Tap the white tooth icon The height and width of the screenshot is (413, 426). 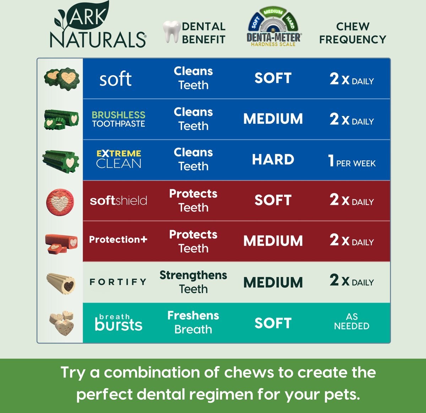coord(171,32)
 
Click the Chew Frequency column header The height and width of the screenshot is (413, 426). coord(353,33)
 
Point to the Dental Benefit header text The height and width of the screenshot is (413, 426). coord(203,33)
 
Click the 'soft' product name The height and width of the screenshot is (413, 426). coord(115,79)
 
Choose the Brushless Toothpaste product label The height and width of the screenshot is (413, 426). coord(119,119)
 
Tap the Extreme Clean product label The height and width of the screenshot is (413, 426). coord(119,159)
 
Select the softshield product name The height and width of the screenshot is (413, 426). coord(119,200)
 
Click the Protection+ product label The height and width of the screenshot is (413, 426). coord(118,239)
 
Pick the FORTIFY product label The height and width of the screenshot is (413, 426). coord(118,282)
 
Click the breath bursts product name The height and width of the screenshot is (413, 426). coord(119,323)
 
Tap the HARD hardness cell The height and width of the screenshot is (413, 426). coord(273,160)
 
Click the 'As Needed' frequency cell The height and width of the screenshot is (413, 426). coord(351,321)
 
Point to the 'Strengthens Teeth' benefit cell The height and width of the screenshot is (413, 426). coord(193,282)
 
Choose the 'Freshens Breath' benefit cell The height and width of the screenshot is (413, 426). coord(193,323)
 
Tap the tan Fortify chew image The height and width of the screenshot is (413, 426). coord(61,283)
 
